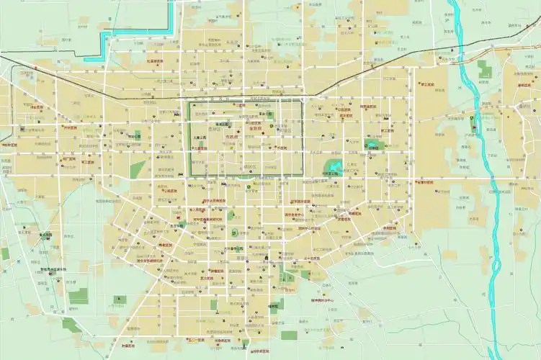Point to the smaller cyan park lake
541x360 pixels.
point(372,145)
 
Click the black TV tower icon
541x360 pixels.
point(214,305)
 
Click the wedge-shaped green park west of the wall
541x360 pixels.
point(138,170)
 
